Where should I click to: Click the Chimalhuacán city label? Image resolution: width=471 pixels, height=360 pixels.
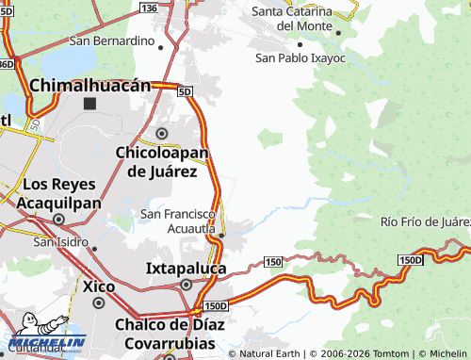pyautogui.click(x=90, y=85)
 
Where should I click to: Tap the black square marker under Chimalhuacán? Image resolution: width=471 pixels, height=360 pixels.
pyautogui.click(x=90, y=104)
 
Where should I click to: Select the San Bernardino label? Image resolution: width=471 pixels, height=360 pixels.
pyautogui.click(x=111, y=41)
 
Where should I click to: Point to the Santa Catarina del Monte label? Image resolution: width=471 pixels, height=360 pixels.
pyautogui.click(x=292, y=19)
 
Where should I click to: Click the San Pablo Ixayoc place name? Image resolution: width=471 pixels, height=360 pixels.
pyautogui.click(x=300, y=58)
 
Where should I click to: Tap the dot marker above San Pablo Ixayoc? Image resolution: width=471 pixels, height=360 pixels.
pyautogui.click(x=300, y=43)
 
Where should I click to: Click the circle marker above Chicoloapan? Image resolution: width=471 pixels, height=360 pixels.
pyautogui.click(x=162, y=134)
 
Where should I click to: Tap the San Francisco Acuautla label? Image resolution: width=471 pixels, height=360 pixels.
pyautogui.click(x=179, y=221)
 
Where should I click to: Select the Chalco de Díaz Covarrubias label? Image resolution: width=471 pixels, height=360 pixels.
pyautogui.click(x=165, y=335)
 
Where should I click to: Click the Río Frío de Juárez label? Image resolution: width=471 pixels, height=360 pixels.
pyautogui.click(x=425, y=221)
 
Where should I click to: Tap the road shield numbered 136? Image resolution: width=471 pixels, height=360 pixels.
pyautogui.click(x=148, y=7)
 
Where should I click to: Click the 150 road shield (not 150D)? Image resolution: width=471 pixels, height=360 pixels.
pyautogui.click(x=272, y=260)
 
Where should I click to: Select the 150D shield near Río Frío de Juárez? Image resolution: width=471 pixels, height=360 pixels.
pyautogui.click(x=411, y=260)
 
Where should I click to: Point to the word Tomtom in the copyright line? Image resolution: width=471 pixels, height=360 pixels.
pyautogui.click(x=373, y=353)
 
